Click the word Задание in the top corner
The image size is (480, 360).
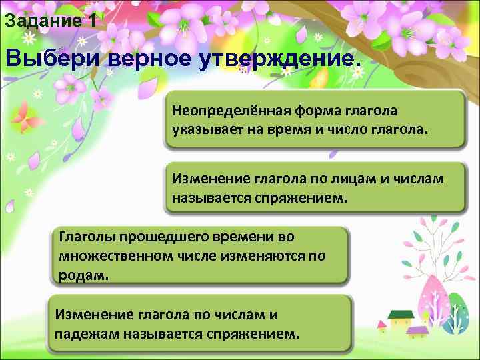[41, 21]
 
